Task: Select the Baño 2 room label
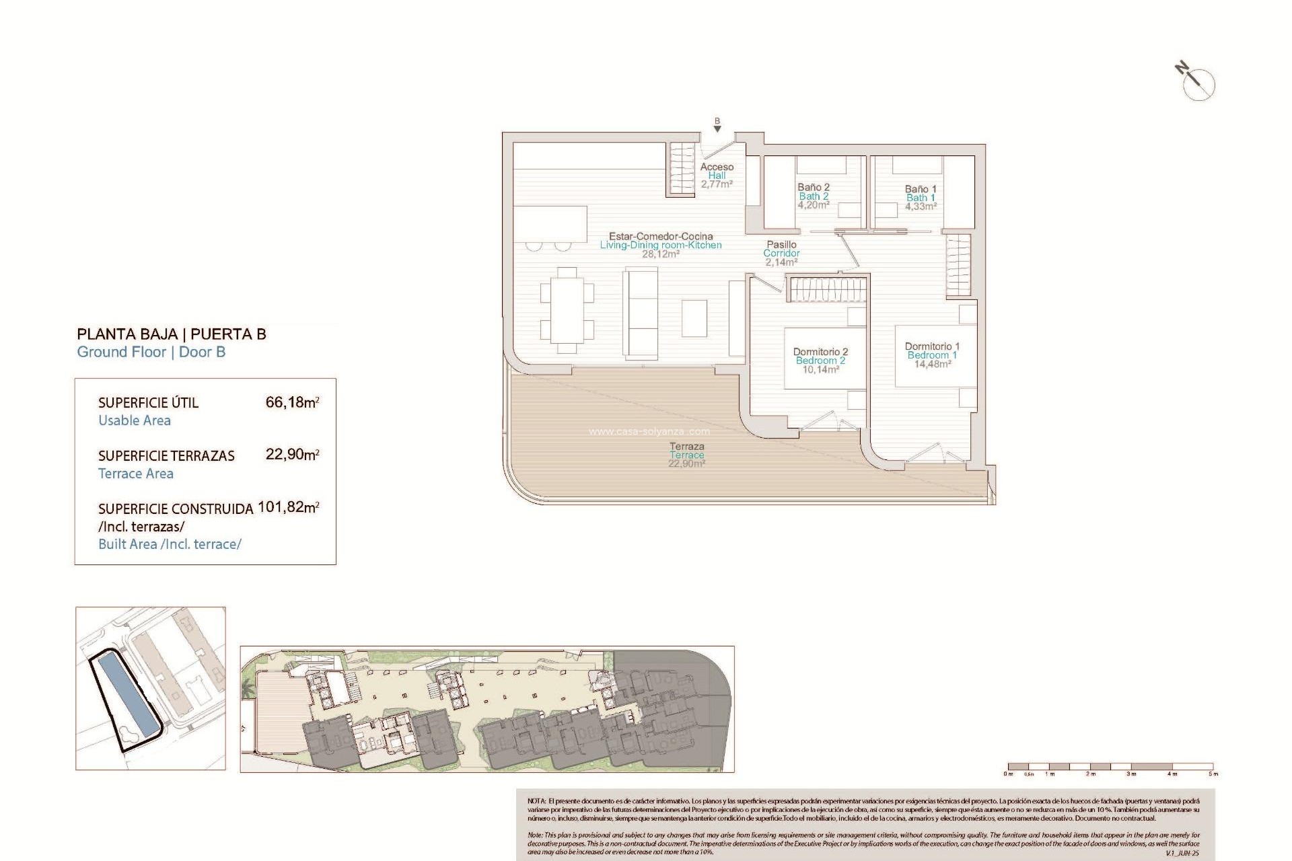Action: click(814, 187)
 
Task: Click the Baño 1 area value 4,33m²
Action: click(921, 207)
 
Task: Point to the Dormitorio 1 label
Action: click(932, 346)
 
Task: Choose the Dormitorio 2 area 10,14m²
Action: click(820, 369)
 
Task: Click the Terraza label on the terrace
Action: click(687, 446)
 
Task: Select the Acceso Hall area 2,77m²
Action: click(717, 184)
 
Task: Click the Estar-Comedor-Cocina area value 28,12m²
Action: click(660, 254)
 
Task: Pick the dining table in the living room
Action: click(567, 310)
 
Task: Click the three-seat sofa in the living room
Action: click(640, 311)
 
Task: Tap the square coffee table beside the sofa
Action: click(694, 318)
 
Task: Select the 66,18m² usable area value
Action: click(292, 402)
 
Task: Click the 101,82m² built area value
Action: click(288, 507)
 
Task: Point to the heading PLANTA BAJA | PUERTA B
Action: click(172, 334)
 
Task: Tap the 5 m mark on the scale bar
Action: click(1213, 774)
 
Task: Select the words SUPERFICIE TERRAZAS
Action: click(166, 455)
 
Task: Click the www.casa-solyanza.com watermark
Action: click(649, 432)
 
